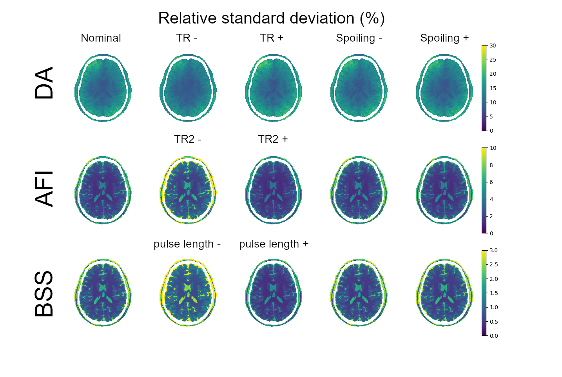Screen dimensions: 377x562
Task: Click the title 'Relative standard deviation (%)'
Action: [x=271, y=18]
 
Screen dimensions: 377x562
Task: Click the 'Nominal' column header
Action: [x=101, y=38]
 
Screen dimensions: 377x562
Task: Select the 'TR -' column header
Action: [x=187, y=38]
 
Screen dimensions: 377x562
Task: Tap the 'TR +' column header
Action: [x=272, y=38]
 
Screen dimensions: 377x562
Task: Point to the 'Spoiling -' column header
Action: [x=359, y=38]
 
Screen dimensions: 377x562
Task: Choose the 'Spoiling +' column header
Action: [x=444, y=38]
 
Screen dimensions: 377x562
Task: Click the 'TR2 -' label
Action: [x=188, y=139]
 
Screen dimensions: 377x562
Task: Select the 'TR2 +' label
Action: [x=273, y=139]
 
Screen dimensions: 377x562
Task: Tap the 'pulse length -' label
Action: [x=187, y=244]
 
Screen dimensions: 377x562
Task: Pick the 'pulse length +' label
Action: [x=274, y=244]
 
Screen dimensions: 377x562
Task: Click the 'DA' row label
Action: [x=44, y=83]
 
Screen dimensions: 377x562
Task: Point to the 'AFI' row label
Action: [x=44, y=188]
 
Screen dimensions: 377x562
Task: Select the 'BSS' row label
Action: [x=44, y=293]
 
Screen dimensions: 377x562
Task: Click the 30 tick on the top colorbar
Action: [x=493, y=46]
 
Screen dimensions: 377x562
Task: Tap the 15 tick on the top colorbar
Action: [x=493, y=88]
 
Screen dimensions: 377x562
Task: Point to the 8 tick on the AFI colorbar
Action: [x=491, y=165]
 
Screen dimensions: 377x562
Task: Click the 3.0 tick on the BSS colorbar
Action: [x=494, y=250]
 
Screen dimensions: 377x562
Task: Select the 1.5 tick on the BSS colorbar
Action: [x=494, y=293]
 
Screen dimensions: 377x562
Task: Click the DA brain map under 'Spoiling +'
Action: [x=444, y=88]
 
